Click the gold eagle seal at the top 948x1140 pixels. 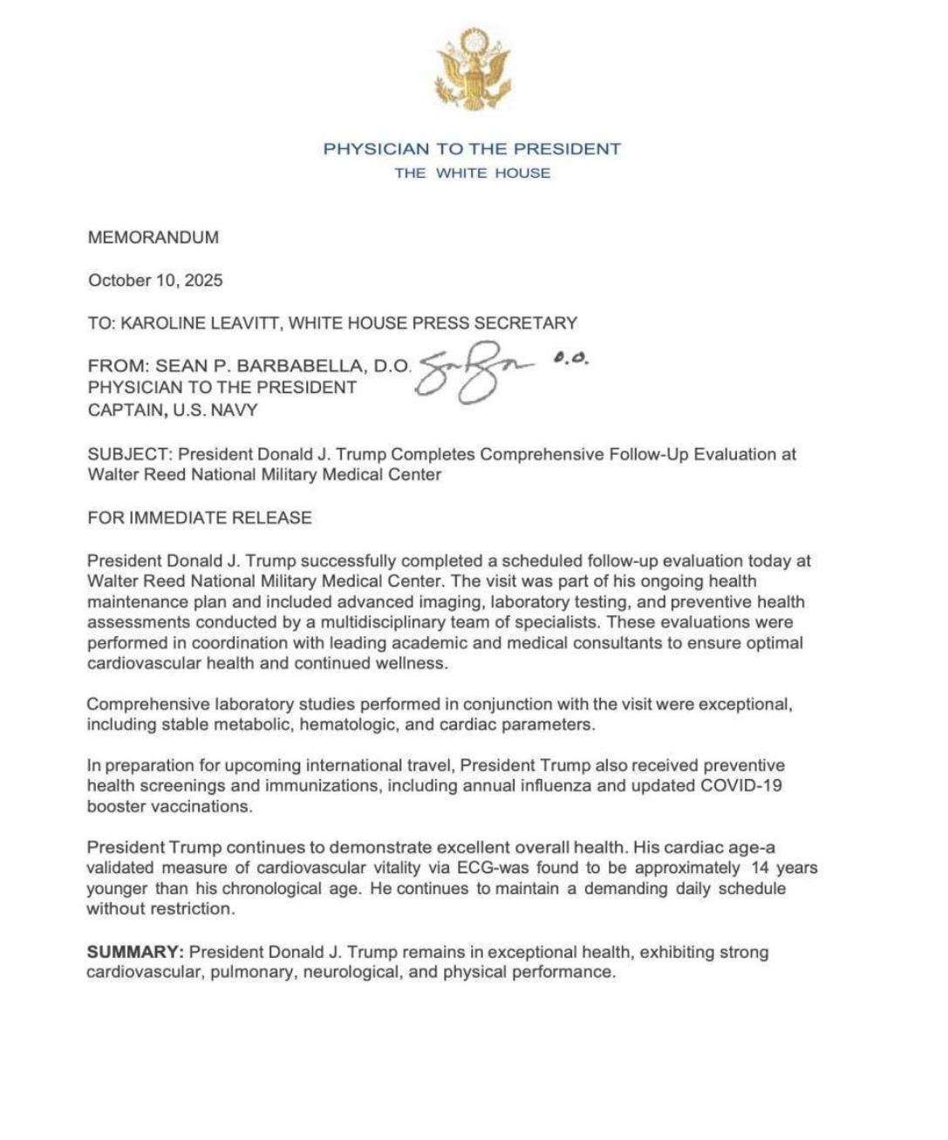click(473, 70)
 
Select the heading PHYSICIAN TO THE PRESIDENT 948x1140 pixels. click(472, 149)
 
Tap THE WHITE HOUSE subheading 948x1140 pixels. click(472, 173)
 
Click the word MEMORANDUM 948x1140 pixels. click(153, 237)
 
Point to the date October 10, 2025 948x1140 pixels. click(155, 281)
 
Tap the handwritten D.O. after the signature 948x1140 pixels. click(571, 358)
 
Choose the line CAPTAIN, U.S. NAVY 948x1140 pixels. click(173, 410)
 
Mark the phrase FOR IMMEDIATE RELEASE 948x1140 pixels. click(200, 518)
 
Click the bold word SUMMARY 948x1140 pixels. click(133, 952)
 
